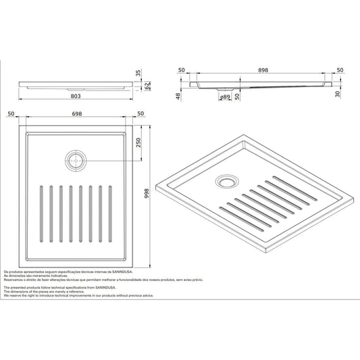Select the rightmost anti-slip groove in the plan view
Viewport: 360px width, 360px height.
[110, 213]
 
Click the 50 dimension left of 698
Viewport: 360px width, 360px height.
[11, 113]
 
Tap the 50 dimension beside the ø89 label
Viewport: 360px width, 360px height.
[238, 97]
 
